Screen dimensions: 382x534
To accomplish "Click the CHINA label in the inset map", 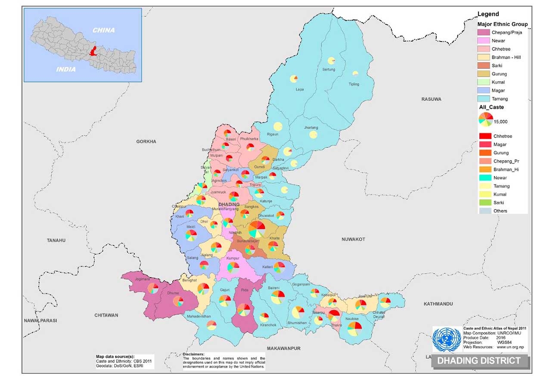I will [x=104, y=30].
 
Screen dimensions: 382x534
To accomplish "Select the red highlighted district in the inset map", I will [x=92, y=51].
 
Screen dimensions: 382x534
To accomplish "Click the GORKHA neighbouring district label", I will [x=146, y=141].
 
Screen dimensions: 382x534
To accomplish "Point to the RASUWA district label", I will [x=431, y=99].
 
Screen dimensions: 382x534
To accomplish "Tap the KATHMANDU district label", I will [x=438, y=304].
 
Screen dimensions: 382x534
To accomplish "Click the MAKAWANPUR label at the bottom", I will [x=283, y=348].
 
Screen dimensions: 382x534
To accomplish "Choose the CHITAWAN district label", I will [x=106, y=315].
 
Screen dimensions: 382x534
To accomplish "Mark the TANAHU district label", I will [x=56, y=240].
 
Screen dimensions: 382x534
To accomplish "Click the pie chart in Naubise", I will [x=354, y=329].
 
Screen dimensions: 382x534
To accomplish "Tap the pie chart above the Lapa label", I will [x=294, y=78].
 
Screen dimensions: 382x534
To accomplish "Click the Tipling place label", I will [x=354, y=84].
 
